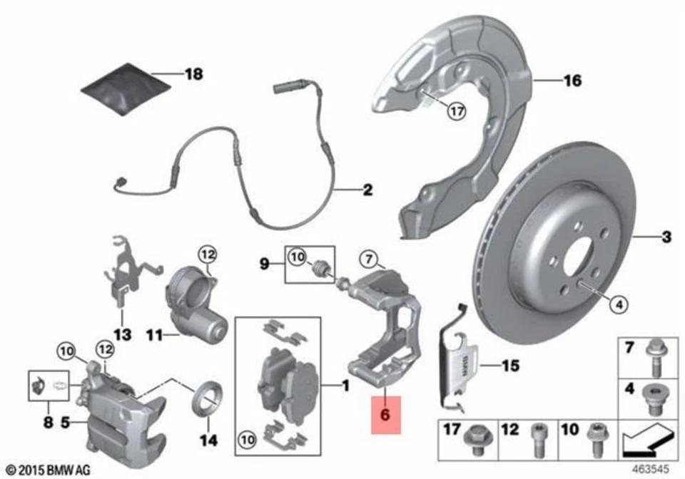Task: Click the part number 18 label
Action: (x=193, y=73)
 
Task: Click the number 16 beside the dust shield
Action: (x=572, y=81)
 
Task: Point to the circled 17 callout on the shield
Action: (x=455, y=110)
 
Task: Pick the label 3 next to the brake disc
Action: (x=666, y=236)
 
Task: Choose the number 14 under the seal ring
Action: (x=208, y=440)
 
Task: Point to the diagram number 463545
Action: (x=652, y=470)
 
